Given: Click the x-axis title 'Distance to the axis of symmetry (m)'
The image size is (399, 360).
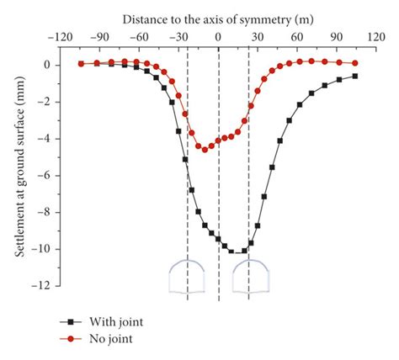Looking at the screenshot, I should [218, 18].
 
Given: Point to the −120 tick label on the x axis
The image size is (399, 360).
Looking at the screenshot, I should [58, 37].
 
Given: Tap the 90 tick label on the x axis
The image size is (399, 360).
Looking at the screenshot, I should [337, 37].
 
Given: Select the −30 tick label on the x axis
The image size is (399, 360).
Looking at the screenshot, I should [178, 37].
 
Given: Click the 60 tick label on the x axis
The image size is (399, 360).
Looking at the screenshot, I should [297, 37].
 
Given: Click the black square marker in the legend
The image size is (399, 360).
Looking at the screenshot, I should [72, 320].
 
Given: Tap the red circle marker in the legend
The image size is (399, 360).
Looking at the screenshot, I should [72, 338].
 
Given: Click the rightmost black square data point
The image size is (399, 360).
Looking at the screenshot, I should [354, 76].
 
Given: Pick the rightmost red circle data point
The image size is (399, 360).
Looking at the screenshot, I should [354, 63].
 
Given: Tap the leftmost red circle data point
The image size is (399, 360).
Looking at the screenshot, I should [81, 63].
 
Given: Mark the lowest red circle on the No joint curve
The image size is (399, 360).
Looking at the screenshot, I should [205, 150].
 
